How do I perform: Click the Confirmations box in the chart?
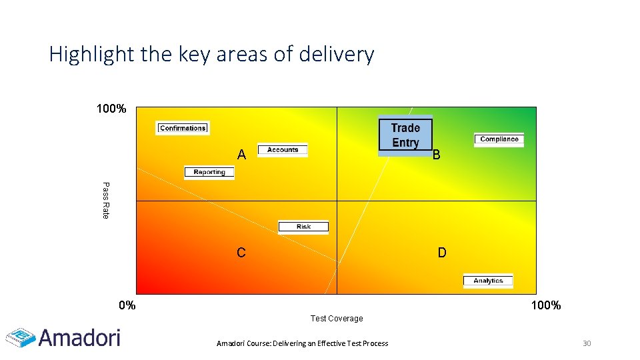[183, 128]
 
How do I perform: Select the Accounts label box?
[283, 150]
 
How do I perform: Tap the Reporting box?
[209, 172]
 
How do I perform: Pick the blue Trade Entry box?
[405, 135]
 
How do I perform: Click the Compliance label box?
[499, 139]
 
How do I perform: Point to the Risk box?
[303, 227]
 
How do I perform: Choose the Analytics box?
[488, 281]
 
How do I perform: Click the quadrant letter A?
[241, 155]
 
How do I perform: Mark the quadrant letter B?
[436, 155]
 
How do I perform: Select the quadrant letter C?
[241, 253]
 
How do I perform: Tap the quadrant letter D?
[442, 253]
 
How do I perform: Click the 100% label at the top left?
[111, 109]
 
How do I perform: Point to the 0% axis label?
[127, 306]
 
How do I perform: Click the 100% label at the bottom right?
[545, 306]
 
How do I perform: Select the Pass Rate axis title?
[105, 200]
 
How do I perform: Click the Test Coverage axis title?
[337, 319]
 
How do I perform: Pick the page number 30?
[587, 343]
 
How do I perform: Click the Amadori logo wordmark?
[79, 337]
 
